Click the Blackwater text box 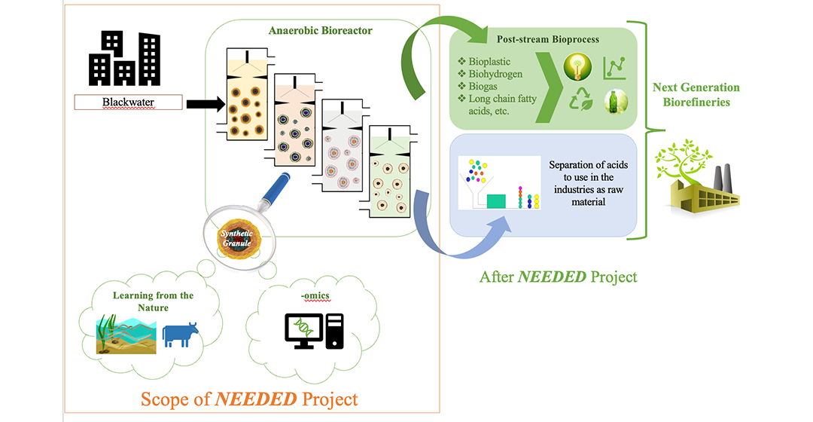coord(128,102)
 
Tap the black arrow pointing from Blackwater coord(204,102)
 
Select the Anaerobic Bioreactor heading coord(319,31)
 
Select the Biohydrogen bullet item coord(495,73)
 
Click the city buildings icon coord(125,57)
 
